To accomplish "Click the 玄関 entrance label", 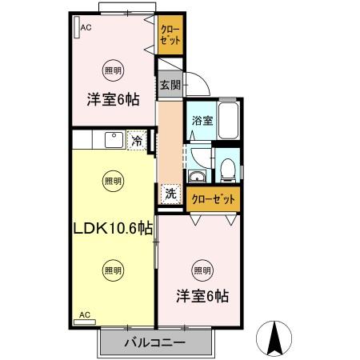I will click(169, 84).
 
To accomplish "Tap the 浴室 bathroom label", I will click(202, 122).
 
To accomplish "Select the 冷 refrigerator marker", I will click(137, 141).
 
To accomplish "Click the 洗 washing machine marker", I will click(170, 193).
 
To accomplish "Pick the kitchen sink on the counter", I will click(113, 141).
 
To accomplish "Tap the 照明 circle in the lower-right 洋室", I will click(202, 269).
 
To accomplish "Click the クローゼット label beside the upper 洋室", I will click(169, 37).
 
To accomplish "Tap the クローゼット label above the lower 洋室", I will click(212, 198).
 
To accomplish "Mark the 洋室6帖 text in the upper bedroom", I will click(114, 100).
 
